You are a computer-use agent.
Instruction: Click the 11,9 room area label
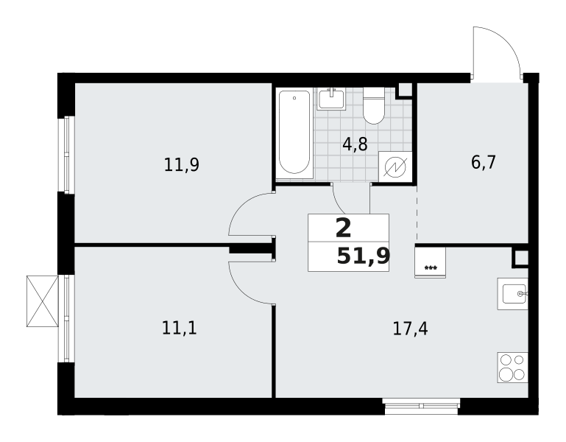(x=182, y=165)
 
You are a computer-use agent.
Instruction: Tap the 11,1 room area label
(x=180, y=328)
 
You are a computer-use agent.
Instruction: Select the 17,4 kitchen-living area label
(x=411, y=329)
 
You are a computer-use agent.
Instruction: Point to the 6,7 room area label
(x=484, y=162)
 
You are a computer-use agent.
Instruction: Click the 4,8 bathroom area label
(x=355, y=144)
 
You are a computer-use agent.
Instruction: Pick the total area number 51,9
(x=364, y=256)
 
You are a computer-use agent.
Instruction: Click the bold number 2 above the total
(x=343, y=229)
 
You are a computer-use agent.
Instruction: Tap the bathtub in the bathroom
(x=294, y=133)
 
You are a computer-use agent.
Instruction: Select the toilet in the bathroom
(x=374, y=105)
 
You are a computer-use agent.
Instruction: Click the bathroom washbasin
(x=331, y=99)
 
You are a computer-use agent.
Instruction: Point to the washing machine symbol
(x=395, y=166)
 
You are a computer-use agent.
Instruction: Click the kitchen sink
(x=512, y=293)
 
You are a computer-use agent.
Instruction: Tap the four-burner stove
(x=512, y=368)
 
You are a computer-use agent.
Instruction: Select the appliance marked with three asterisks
(x=431, y=262)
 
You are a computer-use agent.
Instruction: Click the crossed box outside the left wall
(x=43, y=301)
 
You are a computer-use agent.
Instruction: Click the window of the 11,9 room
(x=66, y=154)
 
